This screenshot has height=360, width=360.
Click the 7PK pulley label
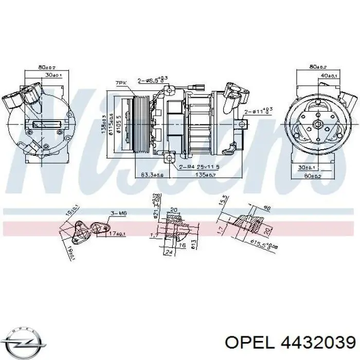(121, 82)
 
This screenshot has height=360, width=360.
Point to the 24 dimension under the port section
(169, 253)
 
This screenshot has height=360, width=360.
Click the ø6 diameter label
(267, 208)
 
